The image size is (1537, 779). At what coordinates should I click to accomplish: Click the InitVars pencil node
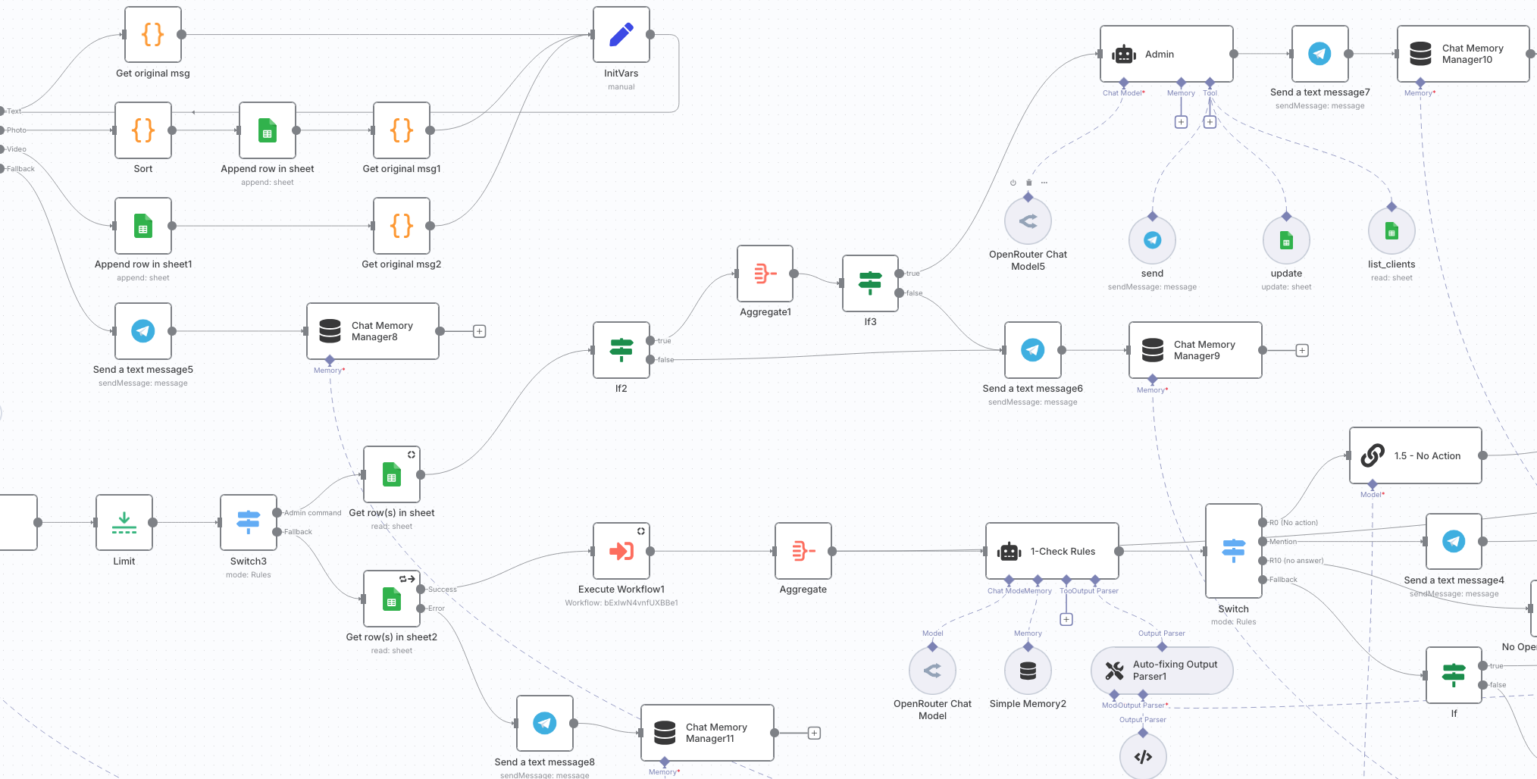[621, 35]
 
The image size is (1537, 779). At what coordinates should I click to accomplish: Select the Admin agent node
[1166, 54]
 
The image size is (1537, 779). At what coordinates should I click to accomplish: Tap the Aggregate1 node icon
[765, 274]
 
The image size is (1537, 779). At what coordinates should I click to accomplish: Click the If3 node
[870, 283]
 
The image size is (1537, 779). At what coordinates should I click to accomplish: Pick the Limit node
[124, 523]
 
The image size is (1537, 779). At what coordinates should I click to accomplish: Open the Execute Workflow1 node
[621, 551]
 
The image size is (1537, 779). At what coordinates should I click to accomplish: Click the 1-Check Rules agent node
[1051, 551]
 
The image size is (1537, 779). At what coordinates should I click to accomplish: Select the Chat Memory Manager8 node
[372, 331]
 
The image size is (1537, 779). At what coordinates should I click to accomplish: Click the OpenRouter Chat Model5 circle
[1028, 221]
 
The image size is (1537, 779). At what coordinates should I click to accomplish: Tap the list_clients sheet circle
[1391, 231]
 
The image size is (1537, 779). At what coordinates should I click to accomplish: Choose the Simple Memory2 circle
[1028, 671]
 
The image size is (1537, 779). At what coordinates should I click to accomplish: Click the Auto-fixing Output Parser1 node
[1161, 671]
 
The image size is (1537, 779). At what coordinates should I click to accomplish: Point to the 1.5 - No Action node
[1415, 455]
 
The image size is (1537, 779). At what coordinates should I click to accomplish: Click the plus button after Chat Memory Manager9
[1301, 350]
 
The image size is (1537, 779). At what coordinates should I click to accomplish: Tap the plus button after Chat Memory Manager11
[814, 733]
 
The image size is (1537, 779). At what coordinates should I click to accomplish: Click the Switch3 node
[249, 523]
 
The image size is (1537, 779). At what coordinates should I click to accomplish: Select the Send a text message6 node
[1032, 350]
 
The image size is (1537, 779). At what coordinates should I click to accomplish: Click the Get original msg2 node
[402, 226]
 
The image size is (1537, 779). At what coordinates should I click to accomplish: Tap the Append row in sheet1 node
[143, 226]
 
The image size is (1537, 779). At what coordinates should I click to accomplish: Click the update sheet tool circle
[1286, 240]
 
